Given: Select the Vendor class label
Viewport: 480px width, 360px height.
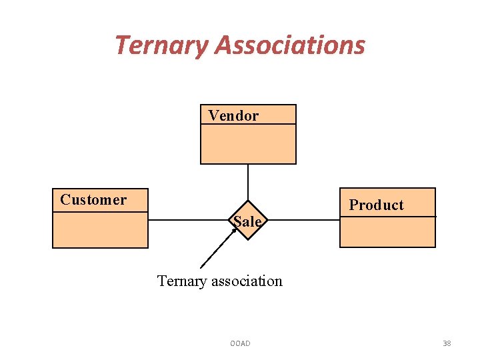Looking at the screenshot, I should click(233, 115).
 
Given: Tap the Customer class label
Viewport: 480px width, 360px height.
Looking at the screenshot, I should click(93, 199).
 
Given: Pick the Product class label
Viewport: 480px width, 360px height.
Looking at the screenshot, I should click(377, 205).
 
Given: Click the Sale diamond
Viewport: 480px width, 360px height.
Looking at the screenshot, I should click(248, 221).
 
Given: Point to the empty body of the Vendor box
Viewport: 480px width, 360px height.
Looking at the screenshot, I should click(248, 144).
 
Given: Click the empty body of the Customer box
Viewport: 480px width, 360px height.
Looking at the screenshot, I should click(100, 230).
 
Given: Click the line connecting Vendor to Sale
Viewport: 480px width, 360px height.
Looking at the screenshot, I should click(248, 181).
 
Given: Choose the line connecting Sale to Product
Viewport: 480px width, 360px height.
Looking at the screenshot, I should click(303, 220).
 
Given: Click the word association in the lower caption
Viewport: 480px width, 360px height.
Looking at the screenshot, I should click(247, 281).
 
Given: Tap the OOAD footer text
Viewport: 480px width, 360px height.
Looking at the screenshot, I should click(240, 343).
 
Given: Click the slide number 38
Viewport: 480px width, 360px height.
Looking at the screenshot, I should click(447, 343).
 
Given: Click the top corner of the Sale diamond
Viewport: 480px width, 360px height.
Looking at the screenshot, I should click(248, 201).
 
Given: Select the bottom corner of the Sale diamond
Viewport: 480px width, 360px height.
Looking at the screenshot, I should click(248, 239).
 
